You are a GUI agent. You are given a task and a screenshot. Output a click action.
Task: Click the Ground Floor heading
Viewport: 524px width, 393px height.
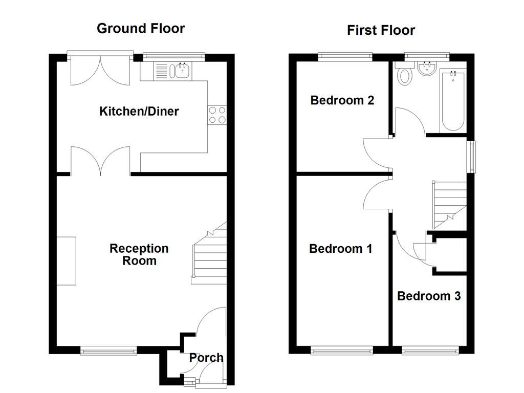141,29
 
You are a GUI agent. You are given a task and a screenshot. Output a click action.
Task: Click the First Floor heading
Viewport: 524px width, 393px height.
381,31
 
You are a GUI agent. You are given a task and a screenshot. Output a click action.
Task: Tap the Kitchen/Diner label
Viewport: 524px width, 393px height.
139,111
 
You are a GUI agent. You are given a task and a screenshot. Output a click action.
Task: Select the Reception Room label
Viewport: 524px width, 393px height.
139,254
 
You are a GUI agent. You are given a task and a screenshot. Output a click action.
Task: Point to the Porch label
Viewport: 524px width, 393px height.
206,358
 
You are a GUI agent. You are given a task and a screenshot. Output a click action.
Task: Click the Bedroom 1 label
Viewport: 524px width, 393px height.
340,249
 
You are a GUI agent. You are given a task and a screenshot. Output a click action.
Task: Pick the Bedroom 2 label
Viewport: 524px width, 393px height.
342,100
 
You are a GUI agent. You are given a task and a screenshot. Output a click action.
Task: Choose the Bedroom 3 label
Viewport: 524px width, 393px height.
429,296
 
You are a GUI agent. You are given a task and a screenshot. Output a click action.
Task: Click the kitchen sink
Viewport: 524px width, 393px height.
180,71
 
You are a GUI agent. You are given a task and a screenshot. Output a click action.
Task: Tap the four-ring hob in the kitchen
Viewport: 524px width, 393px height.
216,115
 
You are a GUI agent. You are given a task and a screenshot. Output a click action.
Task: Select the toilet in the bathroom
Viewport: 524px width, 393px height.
405,76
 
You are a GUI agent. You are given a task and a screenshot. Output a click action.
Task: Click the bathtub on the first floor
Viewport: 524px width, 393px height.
453,100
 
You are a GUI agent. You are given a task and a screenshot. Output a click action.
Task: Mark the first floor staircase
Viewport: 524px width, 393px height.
450,205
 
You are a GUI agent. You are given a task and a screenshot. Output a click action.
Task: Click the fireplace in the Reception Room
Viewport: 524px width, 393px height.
66,261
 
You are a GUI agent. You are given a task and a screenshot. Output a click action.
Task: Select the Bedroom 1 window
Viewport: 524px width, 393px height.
342,351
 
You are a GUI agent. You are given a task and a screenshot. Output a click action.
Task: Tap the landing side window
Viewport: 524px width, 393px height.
472,157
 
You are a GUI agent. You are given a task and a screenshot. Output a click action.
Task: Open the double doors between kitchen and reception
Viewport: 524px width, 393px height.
101,160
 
